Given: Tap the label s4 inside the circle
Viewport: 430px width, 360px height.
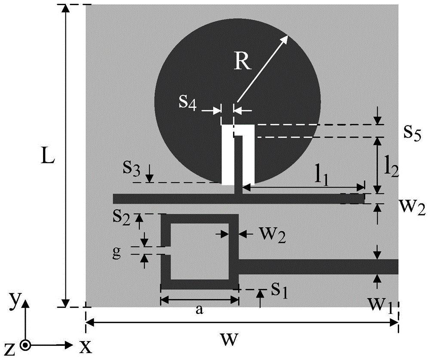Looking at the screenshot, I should (188, 104).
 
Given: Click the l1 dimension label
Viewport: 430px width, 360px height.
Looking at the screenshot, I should (319, 176).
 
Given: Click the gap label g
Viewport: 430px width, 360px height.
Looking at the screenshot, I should (124, 252).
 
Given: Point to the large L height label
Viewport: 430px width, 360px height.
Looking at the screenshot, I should (48, 157).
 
